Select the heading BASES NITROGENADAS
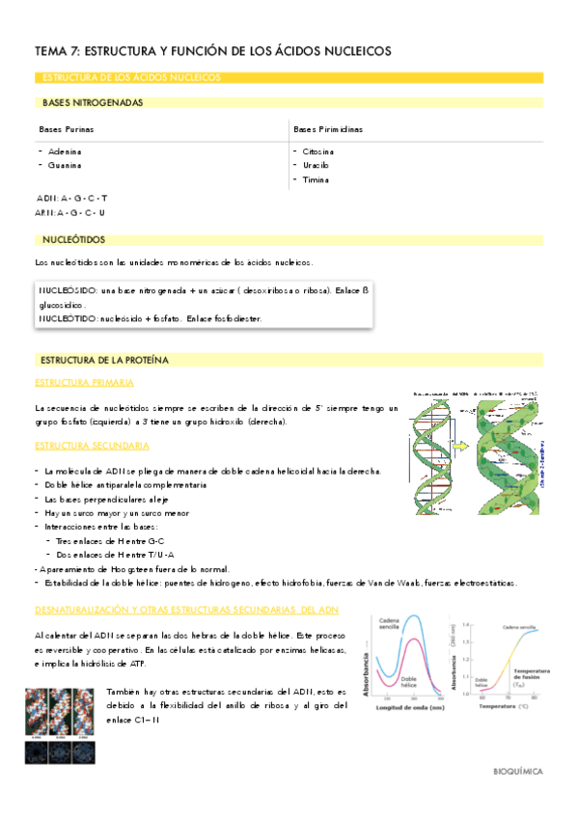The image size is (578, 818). point(93,102)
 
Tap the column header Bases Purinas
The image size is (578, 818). point(67,129)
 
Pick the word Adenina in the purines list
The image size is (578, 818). point(65,151)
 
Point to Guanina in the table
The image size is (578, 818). point(65,166)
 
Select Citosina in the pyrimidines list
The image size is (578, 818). point(318,151)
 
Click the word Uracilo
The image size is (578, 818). point(316,166)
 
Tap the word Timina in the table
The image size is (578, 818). point(316,180)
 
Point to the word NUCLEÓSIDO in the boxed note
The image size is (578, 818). point(67,290)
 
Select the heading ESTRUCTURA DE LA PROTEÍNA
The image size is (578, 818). point(104,360)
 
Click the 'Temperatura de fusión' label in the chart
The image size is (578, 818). point(533,675)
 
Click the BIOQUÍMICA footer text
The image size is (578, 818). point(518,772)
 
